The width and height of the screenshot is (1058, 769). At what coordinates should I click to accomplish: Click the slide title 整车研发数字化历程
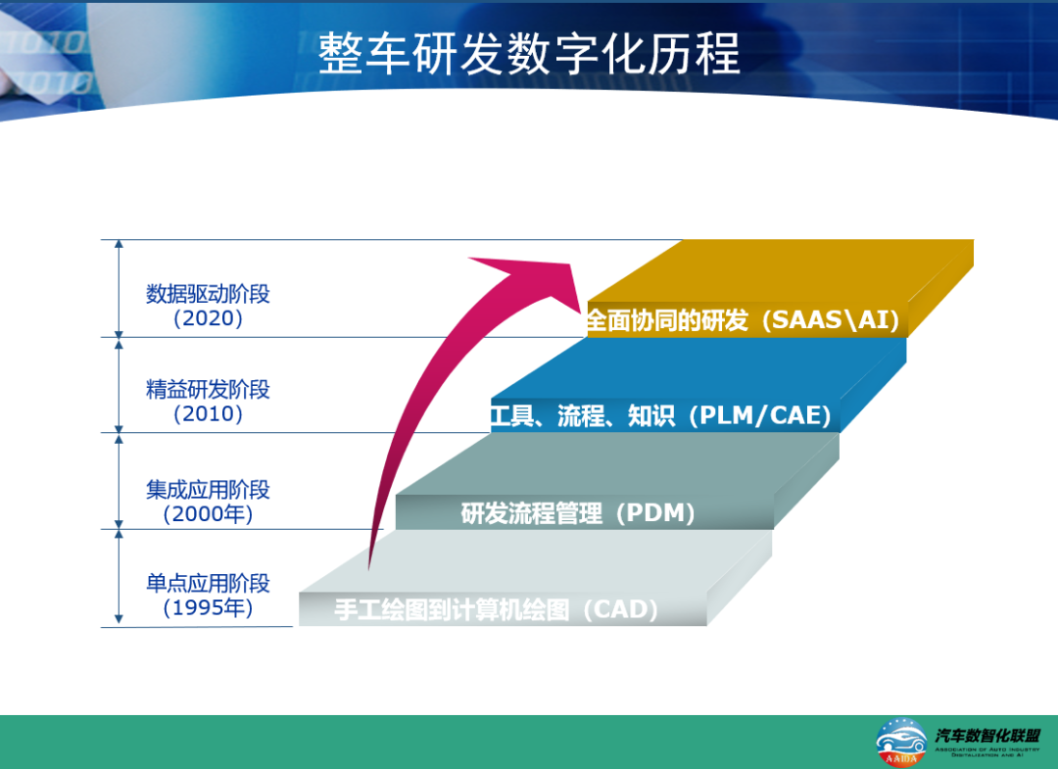(x=529, y=54)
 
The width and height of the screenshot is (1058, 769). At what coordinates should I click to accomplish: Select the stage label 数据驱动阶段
(x=208, y=294)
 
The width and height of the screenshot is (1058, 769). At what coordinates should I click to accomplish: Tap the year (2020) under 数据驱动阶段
(x=208, y=318)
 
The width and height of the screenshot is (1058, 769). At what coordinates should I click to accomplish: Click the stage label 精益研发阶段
(x=208, y=389)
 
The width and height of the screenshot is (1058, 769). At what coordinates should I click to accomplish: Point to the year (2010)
(x=208, y=413)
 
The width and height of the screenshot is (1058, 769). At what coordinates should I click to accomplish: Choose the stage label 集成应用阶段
(x=208, y=489)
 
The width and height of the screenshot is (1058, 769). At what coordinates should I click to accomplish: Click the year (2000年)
(x=208, y=513)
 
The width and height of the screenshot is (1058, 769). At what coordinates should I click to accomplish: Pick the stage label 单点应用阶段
(x=208, y=584)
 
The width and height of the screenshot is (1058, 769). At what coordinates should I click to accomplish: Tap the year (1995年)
(x=208, y=608)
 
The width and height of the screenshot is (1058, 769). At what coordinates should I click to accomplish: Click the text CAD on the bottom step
(x=619, y=610)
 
